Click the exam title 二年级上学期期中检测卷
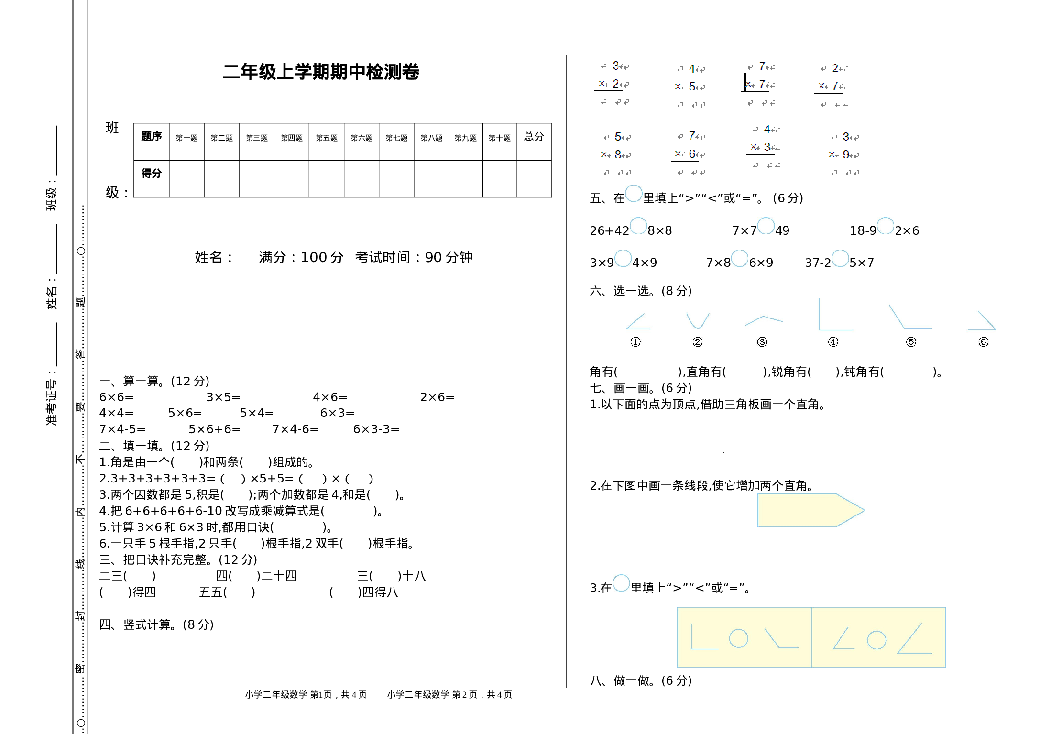coord(320,72)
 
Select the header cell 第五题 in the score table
coord(326,138)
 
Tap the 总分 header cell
coord(534,137)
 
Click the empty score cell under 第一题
coord(186,179)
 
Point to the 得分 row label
coord(151,174)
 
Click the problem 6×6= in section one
coord(116,397)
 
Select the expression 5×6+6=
coord(214,429)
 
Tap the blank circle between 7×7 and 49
coord(766,226)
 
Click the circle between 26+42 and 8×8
coord(638,226)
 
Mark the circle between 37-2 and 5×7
coord(840,258)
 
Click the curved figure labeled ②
coord(698,320)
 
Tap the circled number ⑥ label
coord(983,342)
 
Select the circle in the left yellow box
coord(738,638)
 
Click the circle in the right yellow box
coord(876,640)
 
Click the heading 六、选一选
coord(640,291)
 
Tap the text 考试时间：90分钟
coord(413,257)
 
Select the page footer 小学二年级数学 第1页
coord(306,694)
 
